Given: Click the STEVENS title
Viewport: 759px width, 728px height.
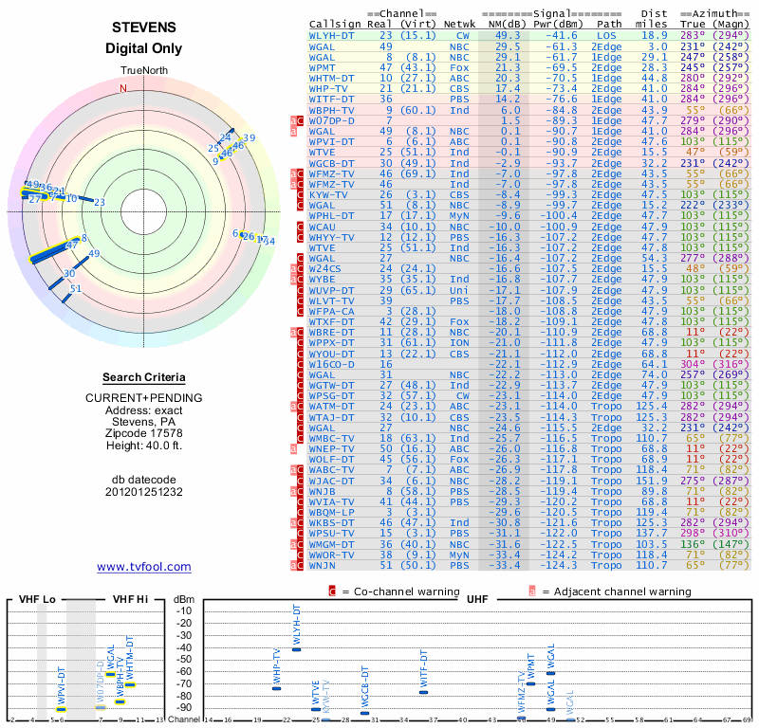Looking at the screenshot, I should (143, 28).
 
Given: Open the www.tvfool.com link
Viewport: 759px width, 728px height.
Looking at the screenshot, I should (144, 567).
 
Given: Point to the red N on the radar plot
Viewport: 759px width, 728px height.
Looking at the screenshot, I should (122, 89).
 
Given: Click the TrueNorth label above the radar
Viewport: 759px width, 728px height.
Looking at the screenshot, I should (143, 71).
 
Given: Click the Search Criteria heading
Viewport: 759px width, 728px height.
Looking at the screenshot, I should (143, 377).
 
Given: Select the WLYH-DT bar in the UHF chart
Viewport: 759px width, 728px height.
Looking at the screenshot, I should (296, 648).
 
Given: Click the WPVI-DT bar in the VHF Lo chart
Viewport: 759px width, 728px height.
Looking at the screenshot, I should (62, 709).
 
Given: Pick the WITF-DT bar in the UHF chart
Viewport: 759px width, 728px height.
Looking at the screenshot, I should (423, 692).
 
